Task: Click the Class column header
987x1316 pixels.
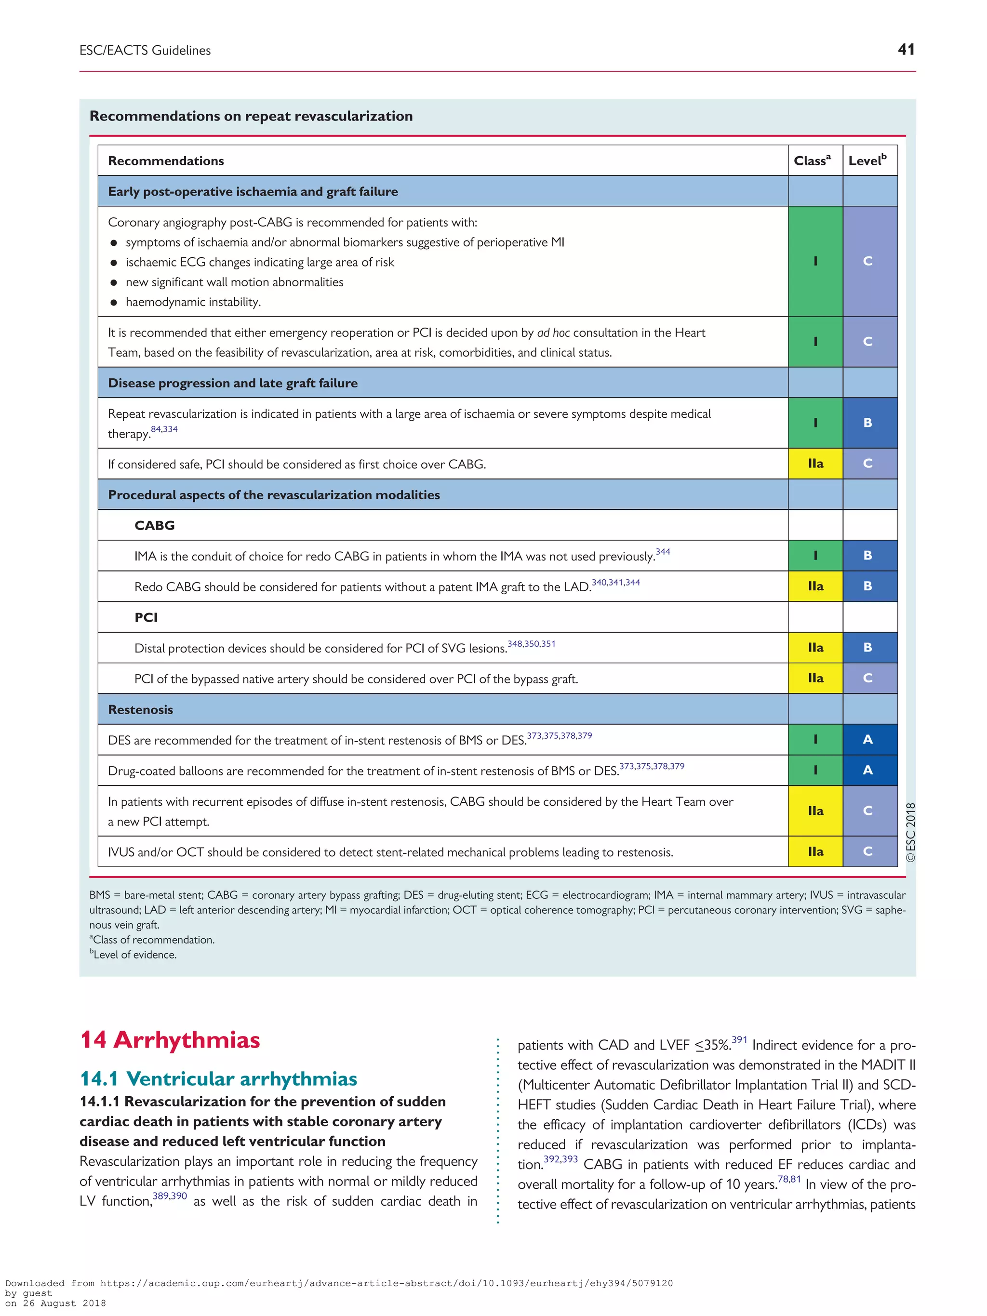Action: (x=812, y=160)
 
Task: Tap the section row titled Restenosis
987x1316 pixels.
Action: (x=140, y=709)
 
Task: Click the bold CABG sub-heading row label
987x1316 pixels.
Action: (x=155, y=525)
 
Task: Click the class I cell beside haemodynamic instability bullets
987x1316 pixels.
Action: (x=815, y=261)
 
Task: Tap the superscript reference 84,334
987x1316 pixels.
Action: (x=164, y=429)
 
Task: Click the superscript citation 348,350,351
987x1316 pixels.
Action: (x=531, y=644)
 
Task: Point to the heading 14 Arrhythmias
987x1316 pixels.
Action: (x=170, y=1039)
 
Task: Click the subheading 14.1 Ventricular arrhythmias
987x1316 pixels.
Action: (x=218, y=1078)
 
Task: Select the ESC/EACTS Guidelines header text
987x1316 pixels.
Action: (x=145, y=51)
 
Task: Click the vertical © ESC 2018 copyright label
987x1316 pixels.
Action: (x=910, y=832)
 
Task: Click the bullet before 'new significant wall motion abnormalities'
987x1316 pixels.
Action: (x=114, y=282)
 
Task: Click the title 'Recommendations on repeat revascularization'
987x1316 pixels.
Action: (x=251, y=116)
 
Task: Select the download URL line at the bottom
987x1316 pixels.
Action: (x=339, y=1283)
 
